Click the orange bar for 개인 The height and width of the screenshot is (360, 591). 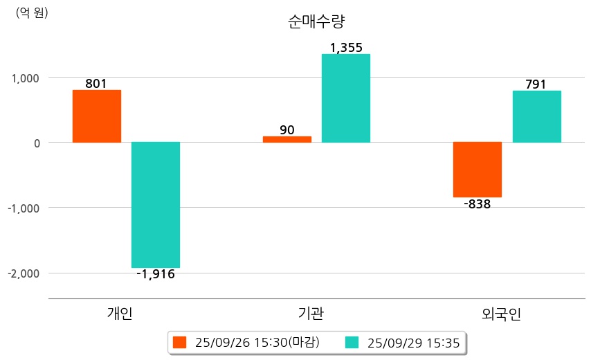(x=96, y=116)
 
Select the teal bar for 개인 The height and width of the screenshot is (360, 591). (x=156, y=204)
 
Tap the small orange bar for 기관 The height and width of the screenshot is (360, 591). (x=287, y=139)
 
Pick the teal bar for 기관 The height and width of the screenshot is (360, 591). (x=345, y=98)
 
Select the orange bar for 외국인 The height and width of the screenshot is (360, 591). (x=478, y=170)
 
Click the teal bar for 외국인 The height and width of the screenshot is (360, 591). (x=536, y=116)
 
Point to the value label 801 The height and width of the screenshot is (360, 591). (x=96, y=84)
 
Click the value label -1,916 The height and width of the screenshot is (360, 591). (x=156, y=274)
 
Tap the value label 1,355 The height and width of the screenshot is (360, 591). (x=346, y=48)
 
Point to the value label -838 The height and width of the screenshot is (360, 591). (x=477, y=204)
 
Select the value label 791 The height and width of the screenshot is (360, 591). (x=536, y=84)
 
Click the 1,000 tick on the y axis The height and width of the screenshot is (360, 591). (x=26, y=78)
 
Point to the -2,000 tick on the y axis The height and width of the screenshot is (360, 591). (x=24, y=273)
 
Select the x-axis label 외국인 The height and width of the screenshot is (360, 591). (x=501, y=314)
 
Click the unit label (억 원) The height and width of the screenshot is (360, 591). (x=32, y=12)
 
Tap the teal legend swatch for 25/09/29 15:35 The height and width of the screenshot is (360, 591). (x=352, y=342)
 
